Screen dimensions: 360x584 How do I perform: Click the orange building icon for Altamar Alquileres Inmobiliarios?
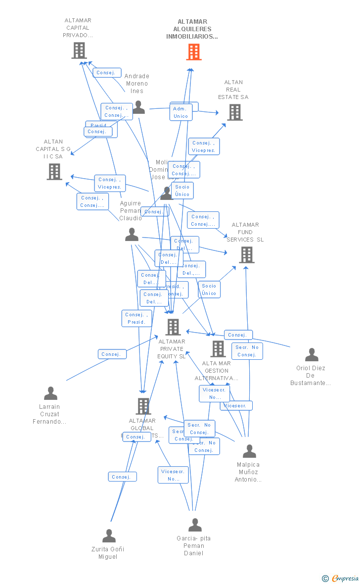click(x=194, y=51)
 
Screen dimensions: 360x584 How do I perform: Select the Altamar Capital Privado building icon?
click(x=79, y=50)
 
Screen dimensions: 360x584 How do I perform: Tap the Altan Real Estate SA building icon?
click(x=235, y=112)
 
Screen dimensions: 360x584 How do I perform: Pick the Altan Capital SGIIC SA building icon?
click(x=54, y=172)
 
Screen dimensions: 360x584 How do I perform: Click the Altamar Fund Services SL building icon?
click(x=247, y=255)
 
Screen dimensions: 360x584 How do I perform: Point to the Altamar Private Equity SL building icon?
click(x=173, y=327)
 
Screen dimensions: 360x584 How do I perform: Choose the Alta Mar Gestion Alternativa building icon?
click(x=218, y=349)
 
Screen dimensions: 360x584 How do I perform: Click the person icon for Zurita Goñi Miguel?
click(x=109, y=536)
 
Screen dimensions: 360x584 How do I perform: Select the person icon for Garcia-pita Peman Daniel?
click(x=195, y=525)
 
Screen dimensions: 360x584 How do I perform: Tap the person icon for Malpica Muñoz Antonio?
click(x=250, y=451)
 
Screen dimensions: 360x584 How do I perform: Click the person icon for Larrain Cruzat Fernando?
click(x=50, y=393)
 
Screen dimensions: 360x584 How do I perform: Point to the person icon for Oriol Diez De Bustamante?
click(x=312, y=355)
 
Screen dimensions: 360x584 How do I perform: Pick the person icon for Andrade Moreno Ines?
click(x=138, y=107)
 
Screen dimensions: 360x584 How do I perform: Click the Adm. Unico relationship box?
click(x=181, y=112)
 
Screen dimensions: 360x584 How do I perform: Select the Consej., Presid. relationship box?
click(x=136, y=318)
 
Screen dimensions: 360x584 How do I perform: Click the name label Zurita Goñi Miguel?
click(x=108, y=553)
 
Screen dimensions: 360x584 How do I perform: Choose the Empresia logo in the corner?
click(x=341, y=578)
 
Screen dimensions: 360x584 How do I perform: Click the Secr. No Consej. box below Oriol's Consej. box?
click(x=247, y=351)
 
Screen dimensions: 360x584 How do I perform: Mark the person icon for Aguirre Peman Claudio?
click(x=132, y=235)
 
